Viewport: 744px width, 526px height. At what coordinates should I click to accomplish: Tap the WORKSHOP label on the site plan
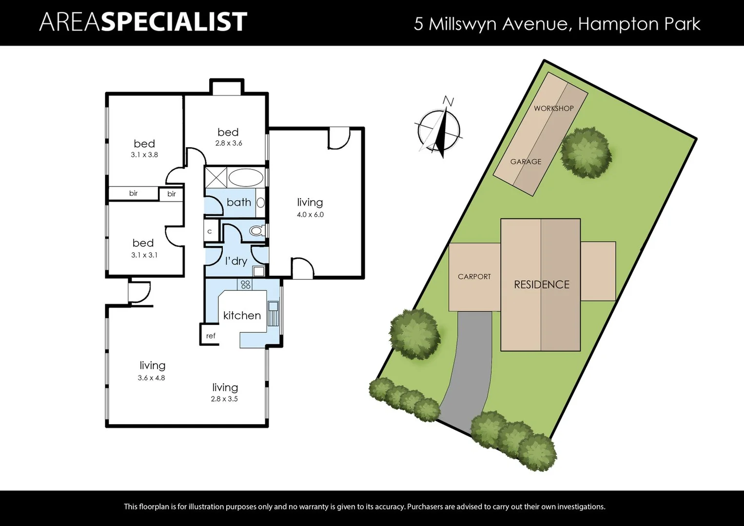click(x=553, y=108)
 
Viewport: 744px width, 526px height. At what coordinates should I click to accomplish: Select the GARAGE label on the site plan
click(x=526, y=162)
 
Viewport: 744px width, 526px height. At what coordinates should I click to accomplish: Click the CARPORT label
click(x=474, y=277)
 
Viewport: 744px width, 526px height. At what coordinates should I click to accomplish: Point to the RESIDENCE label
click(x=541, y=284)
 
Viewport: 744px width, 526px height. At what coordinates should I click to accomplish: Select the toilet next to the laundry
click(x=256, y=230)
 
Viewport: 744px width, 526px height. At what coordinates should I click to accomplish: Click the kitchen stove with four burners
click(x=245, y=284)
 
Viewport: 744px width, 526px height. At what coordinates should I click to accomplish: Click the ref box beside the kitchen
click(x=210, y=336)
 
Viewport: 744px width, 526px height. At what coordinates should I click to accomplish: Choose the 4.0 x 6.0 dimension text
click(x=310, y=214)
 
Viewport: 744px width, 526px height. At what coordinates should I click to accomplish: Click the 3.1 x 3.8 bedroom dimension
click(x=144, y=155)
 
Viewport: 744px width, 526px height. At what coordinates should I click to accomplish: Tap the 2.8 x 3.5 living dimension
click(x=224, y=399)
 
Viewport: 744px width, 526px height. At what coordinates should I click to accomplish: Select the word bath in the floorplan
click(x=238, y=202)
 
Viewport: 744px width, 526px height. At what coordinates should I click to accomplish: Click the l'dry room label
click(x=236, y=261)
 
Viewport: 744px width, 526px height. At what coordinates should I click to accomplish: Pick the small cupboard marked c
click(x=210, y=231)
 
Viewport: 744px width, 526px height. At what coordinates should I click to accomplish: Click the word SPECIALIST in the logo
click(x=174, y=22)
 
